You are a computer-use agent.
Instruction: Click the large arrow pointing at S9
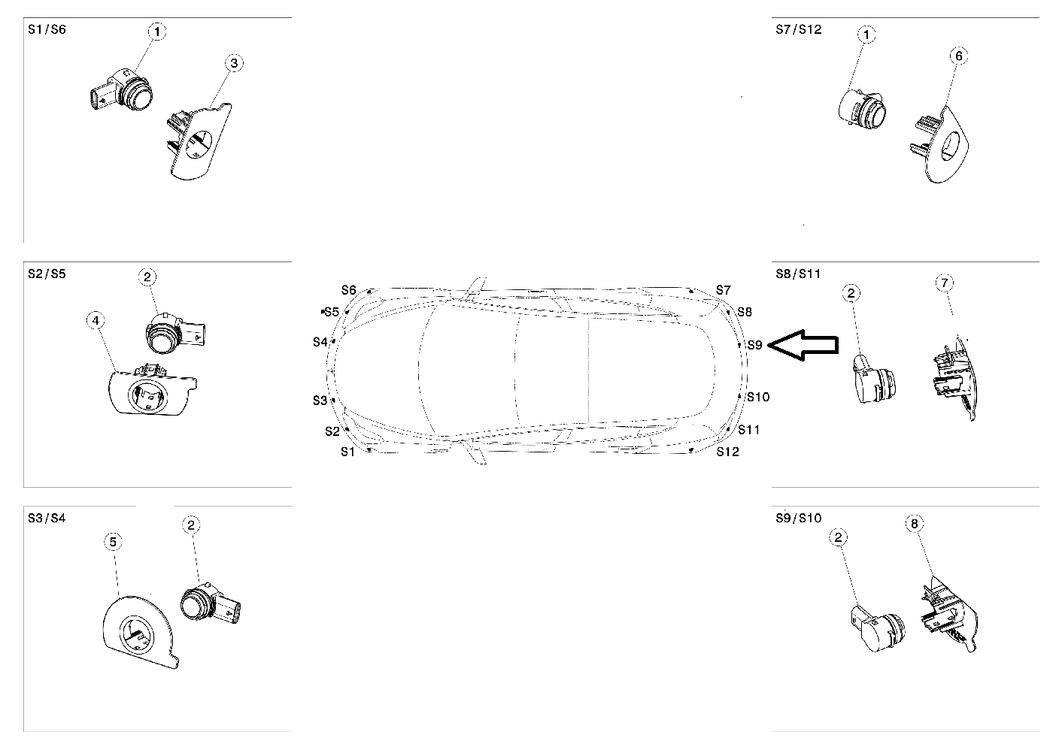pyautogui.click(x=803, y=345)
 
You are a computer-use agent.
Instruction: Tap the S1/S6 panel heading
pyautogui.click(x=47, y=29)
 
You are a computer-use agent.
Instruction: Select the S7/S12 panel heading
pyautogui.click(x=799, y=29)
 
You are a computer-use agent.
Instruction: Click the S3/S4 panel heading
pyautogui.click(x=47, y=518)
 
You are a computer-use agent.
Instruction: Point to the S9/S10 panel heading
pyautogui.click(x=799, y=518)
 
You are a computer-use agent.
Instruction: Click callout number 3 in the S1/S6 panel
pyautogui.click(x=234, y=63)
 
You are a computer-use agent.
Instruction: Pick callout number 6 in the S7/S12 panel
pyautogui.click(x=959, y=56)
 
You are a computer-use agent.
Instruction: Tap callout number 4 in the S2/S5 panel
pyautogui.click(x=96, y=320)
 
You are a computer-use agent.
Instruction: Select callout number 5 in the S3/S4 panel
pyautogui.click(x=113, y=542)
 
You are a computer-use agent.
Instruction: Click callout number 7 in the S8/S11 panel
pyautogui.click(x=945, y=283)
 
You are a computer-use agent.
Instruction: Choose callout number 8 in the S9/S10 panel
pyautogui.click(x=915, y=523)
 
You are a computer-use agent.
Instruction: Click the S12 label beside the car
pyautogui.click(x=728, y=452)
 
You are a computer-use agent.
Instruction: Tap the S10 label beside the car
pyautogui.click(x=758, y=398)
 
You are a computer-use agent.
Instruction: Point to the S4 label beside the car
pyautogui.click(x=320, y=342)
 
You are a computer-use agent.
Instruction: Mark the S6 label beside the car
pyautogui.click(x=349, y=290)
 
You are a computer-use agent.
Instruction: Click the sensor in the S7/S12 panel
pyautogui.click(x=862, y=110)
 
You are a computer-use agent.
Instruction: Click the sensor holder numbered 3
pyautogui.click(x=200, y=141)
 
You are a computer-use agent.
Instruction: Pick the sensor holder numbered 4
pyautogui.click(x=151, y=389)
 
